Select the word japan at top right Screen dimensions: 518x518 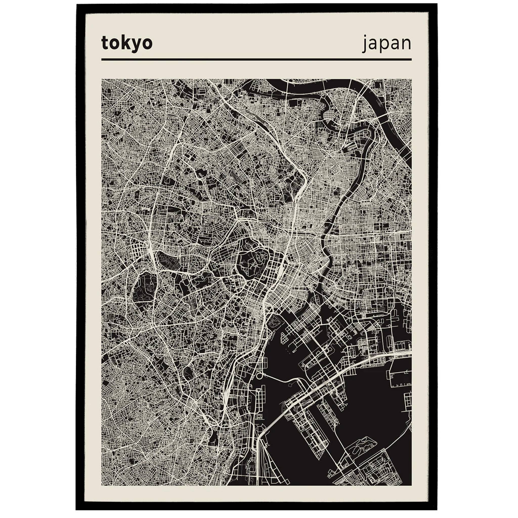click(387, 44)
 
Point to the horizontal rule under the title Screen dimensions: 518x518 click(256, 59)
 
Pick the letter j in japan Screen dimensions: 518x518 click(365, 44)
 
